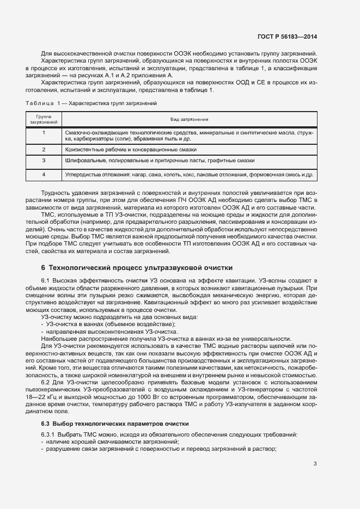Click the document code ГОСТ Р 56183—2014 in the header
[x=287, y=36]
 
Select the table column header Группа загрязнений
[x=44, y=119]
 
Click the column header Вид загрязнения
[x=189, y=119]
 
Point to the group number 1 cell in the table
[x=44, y=133]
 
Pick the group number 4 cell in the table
[x=44, y=175]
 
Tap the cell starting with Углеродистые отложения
[x=189, y=175]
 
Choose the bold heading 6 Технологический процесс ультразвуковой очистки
[x=137, y=268]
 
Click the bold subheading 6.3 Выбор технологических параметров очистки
[x=115, y=423]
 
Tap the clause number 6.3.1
[x=48, y=435]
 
